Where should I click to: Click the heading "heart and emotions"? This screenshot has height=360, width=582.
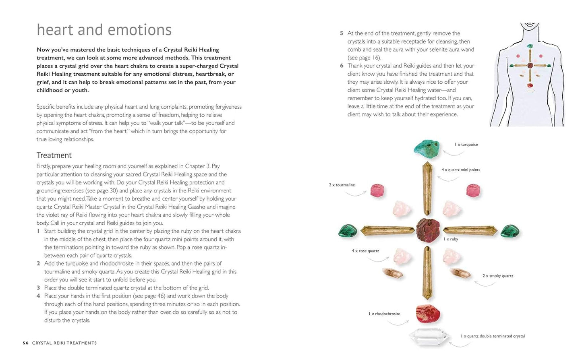[x=104, y=30]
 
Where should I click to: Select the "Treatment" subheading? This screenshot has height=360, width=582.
[x=54, y=155]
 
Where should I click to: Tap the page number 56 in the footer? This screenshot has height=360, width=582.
[x=26, y=343]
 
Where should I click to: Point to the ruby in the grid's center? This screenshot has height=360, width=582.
[x=428, y=230]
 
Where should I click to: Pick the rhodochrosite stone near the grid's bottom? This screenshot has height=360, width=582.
[x=427, y=313]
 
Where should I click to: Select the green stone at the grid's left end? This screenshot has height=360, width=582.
[x=348, y=231]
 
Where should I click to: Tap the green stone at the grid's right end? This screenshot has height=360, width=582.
[x=510, y=231]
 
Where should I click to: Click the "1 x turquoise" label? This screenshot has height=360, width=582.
[x=466, y=145]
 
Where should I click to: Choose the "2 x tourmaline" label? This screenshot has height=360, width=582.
[x=342, y=185]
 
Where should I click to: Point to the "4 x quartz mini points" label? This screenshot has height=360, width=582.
[x=461, y=170]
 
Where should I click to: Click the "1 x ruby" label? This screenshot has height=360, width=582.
[x=451, y=239]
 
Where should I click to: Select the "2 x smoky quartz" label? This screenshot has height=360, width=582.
[x=498, y=276]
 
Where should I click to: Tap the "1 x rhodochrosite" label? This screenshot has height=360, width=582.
[x=384, y=314]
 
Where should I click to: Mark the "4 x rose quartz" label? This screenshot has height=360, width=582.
[x=365, y=251]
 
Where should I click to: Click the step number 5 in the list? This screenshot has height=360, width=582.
[x=342, y=33]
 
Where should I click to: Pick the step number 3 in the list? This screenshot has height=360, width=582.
[x=38, y=288]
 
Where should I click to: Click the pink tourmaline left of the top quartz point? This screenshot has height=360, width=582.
[x=377, y=190]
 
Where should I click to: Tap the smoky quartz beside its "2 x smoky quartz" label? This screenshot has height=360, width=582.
[x=460, y=273]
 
